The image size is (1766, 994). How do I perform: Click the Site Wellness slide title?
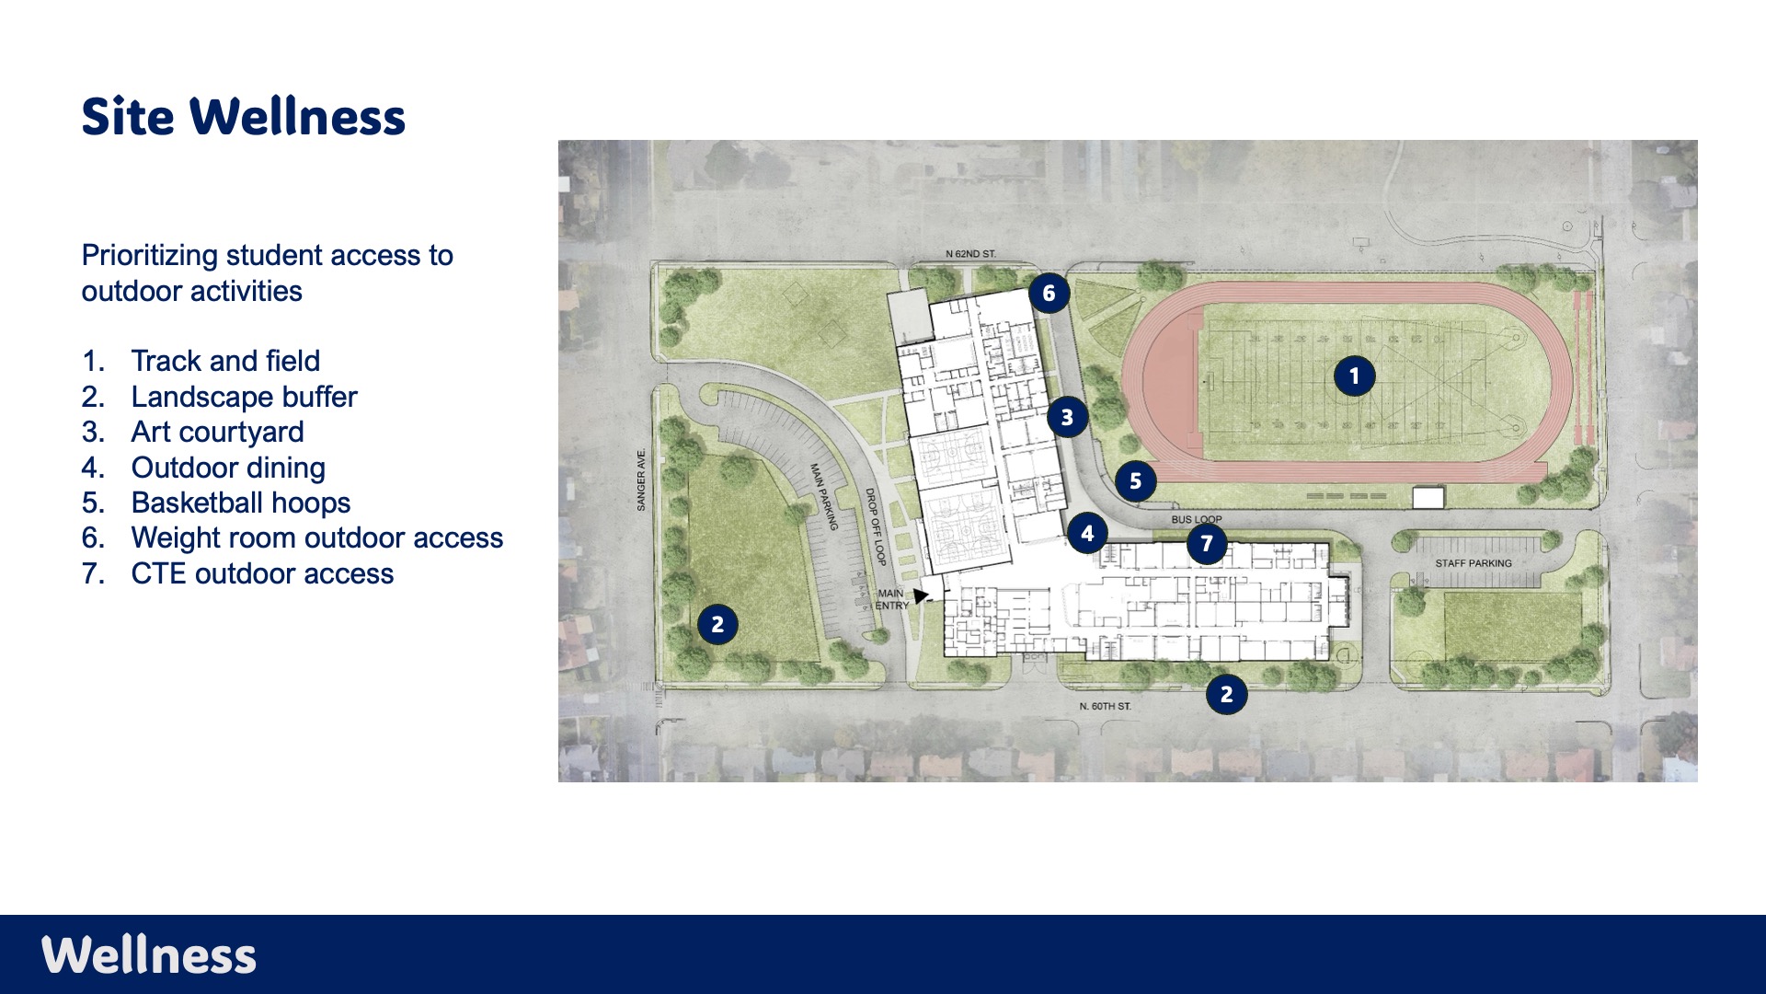coord(244,117)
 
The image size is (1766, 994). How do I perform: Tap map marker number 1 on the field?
coord(1354,376)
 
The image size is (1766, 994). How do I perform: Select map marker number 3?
coord(1067,417)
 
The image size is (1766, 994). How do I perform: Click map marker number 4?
coord(1088,533)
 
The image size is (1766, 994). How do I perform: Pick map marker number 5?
coord(1136,480)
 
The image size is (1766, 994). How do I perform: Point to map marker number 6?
coord(1049,294)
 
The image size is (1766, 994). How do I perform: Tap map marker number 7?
coord(1207,543)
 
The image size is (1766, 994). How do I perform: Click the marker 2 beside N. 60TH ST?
coord(1226,694)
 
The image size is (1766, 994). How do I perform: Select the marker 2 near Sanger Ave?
coord(717,624)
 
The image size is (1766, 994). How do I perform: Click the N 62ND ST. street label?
coord(970,254)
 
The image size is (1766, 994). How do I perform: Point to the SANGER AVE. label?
coord(641,480)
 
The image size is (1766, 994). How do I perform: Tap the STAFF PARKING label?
coord(1474,563)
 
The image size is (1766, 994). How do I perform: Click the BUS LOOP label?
coord(1196,520)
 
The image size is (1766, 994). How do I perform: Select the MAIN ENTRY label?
coord(891,599)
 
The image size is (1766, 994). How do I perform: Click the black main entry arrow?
coord(921,595)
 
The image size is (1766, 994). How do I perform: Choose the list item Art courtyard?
coord(217,432)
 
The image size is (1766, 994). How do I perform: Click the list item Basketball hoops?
coord(241,503)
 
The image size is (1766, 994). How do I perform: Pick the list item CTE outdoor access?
coord(262,573)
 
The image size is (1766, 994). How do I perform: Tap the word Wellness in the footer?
coord(149,954)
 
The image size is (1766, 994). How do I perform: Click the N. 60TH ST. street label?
coord(1106,706)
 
